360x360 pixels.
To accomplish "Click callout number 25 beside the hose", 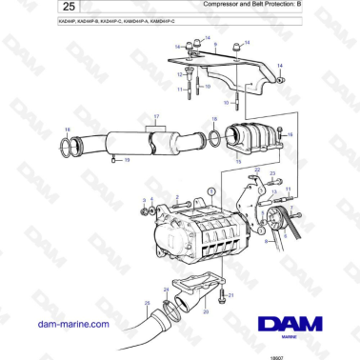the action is point(147,304).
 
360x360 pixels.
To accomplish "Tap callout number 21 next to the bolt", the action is point(230,296).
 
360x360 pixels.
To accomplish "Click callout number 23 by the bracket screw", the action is point(271,175).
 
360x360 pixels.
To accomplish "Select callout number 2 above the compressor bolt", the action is point(177,196).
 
